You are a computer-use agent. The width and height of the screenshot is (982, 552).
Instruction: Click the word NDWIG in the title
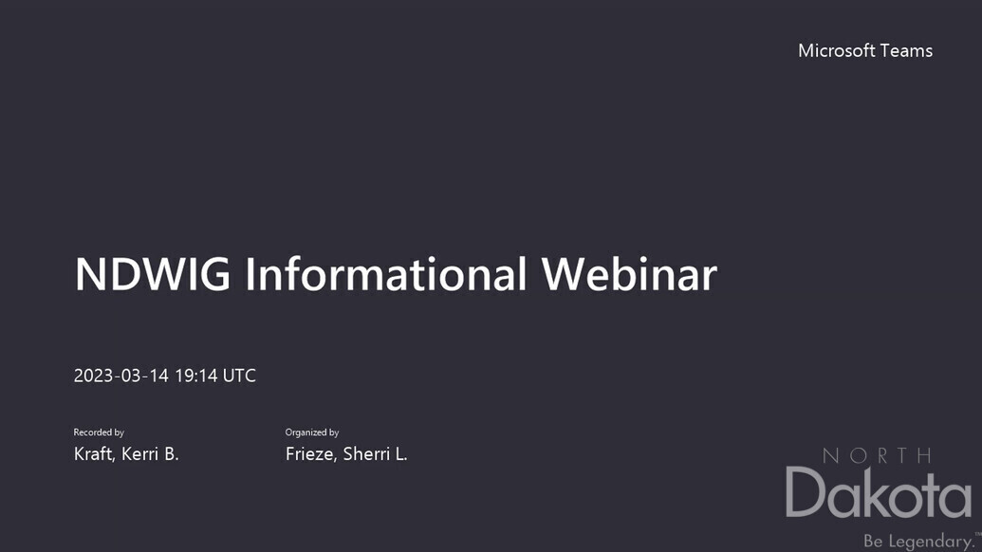[x=152, y=274]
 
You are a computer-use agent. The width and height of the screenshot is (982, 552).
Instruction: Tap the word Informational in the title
[x=385, y=273]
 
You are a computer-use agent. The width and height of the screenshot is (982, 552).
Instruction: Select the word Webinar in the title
[x=629, y=273]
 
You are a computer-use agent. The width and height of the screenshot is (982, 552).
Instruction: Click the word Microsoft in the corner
[x=836, y=50]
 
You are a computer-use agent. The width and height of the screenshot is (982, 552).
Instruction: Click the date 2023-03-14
[x=121, y=376]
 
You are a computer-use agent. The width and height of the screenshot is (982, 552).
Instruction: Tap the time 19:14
[x=196, y=376]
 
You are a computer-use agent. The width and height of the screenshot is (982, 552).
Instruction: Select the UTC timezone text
[x=239, y=376]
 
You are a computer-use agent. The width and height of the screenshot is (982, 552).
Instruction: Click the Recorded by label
[x=99, y=432]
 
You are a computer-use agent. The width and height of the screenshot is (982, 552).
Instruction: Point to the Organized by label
[x=312, y=432]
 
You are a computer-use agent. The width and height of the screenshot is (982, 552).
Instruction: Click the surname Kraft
[x=94, y=453]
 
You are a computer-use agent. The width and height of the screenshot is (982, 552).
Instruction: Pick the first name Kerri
[x=139, y=453]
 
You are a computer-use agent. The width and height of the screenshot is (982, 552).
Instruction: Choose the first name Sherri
[x=366, y=453]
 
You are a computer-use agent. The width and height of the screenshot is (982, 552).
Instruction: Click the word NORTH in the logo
[x=877, y=455]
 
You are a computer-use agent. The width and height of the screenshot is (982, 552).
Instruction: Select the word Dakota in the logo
[x=879, y=492]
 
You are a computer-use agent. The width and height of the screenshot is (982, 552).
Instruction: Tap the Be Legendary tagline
[x=918, y=541]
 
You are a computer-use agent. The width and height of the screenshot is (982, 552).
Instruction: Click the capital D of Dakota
[x=805, y=492]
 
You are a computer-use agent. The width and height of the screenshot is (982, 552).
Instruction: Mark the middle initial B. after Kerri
[x=172, y=453]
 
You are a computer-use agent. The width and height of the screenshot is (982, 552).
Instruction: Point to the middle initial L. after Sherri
[x=400, y=453]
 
